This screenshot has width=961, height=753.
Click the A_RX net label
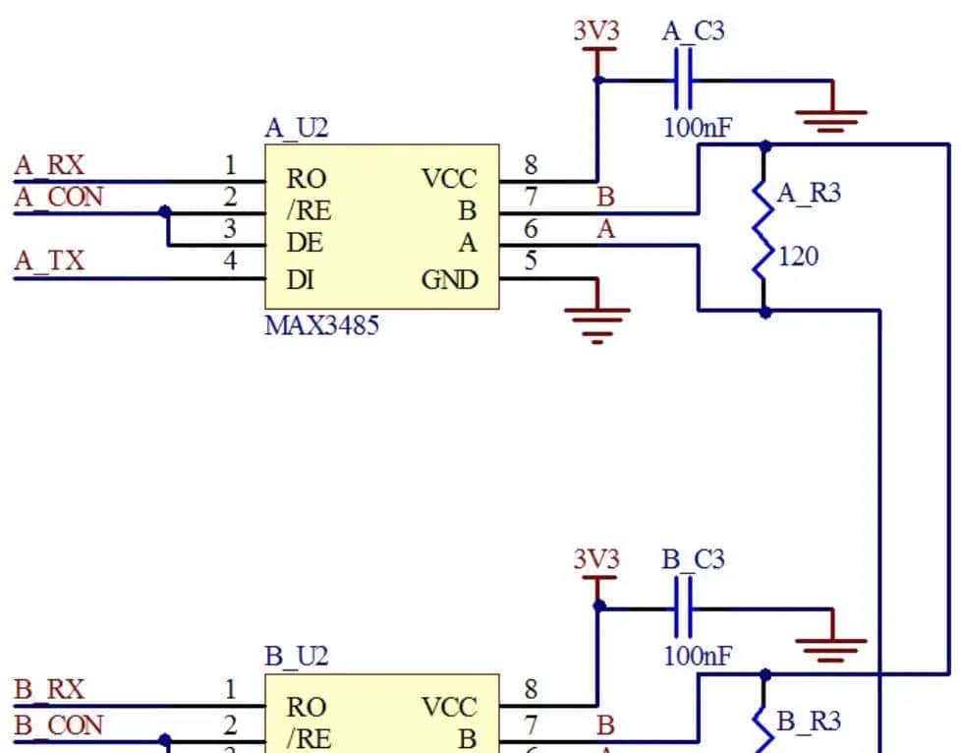49,165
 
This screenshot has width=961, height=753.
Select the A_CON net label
58,198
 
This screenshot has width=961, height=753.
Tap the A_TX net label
49,261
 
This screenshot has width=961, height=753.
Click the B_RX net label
49,690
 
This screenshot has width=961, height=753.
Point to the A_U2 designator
297,129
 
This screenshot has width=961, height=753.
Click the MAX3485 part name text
321,325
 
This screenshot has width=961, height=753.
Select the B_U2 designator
297,657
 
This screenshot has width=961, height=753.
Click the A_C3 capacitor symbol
684,80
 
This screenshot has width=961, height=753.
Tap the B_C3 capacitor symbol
684,608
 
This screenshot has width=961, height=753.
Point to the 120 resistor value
799,258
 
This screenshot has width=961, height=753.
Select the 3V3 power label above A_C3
596,31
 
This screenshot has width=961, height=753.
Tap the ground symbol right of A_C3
831,118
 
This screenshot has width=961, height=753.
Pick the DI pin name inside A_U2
300,280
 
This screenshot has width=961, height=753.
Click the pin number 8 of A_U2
531,165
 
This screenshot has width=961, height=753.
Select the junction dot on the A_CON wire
165,211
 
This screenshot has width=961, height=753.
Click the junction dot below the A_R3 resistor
764,312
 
